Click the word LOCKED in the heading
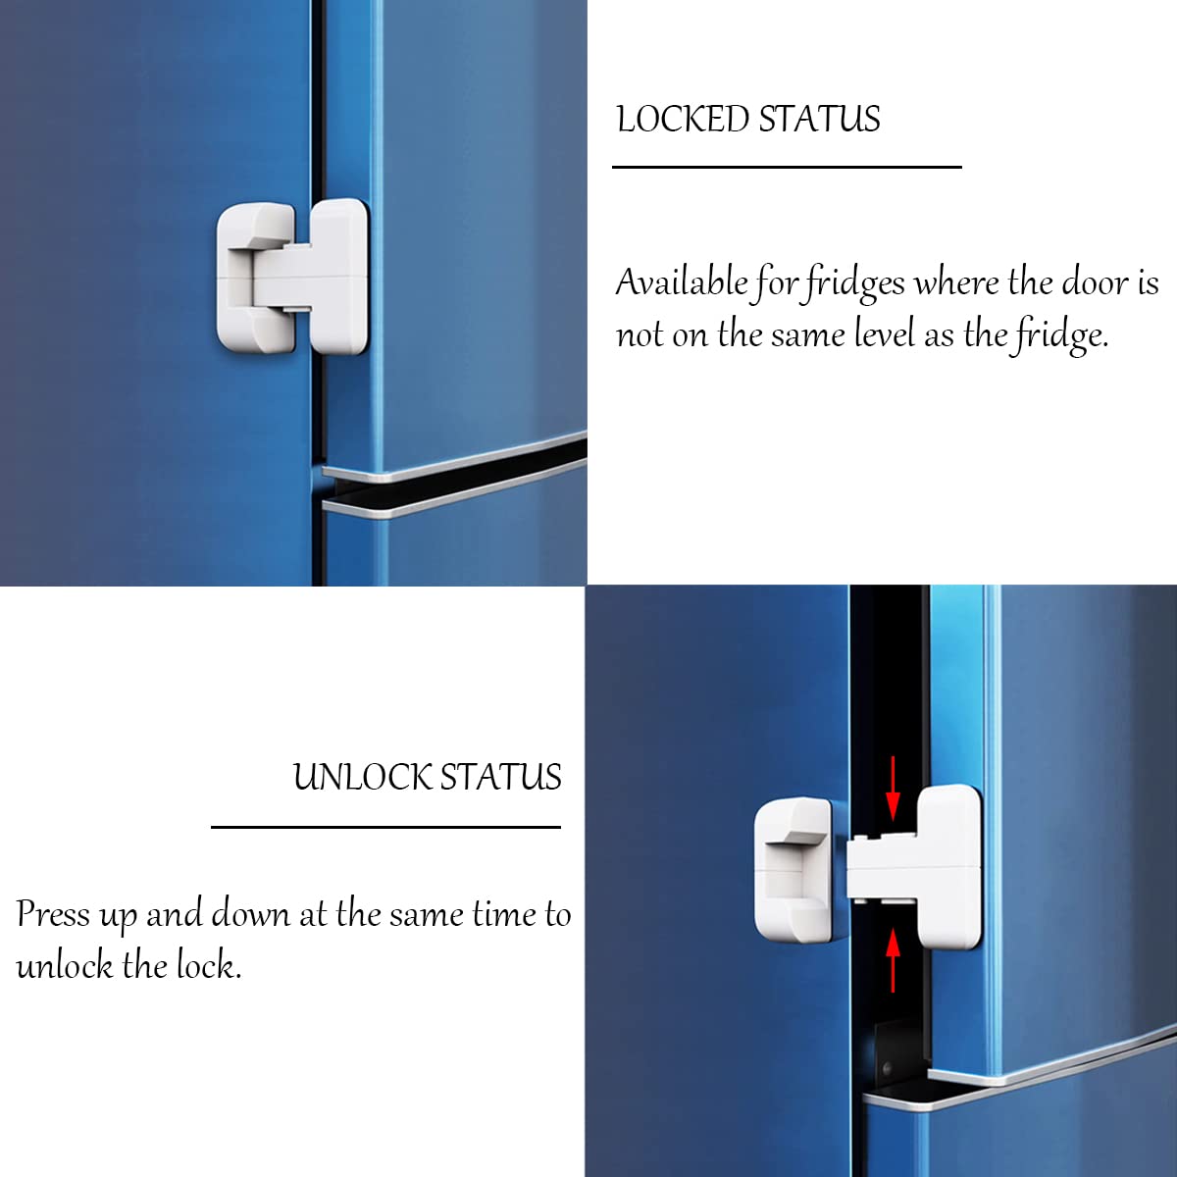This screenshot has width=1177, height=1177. pos(683,119)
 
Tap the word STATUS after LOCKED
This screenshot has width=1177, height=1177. pos(819,119)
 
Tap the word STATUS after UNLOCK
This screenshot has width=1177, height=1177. pos(500,778)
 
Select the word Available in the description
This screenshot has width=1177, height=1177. pos(682,282)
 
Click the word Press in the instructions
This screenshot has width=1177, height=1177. pos(53,914)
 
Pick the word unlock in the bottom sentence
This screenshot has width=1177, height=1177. pos(65,966)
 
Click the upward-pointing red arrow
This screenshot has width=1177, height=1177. pos(893,959)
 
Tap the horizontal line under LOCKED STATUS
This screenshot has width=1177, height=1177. pos(787,167)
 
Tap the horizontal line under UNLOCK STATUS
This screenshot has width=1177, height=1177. pos(386,827)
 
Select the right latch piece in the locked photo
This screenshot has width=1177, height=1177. pos(324,276)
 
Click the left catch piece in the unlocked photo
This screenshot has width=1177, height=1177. pos(794,870)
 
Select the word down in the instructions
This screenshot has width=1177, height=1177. pos(250,914)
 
